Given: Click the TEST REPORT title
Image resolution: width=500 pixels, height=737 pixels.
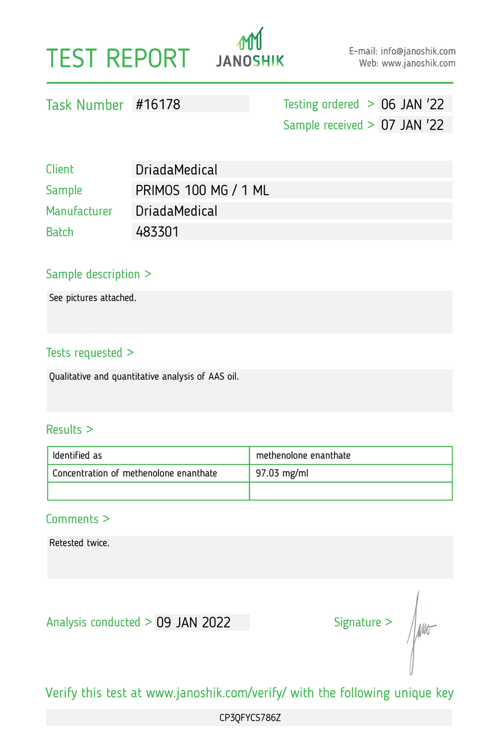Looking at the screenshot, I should coord(118,59).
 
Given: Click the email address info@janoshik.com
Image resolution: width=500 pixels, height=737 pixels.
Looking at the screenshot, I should coord(418,51).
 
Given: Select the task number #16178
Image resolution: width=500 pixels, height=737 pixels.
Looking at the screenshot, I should coord(158,104).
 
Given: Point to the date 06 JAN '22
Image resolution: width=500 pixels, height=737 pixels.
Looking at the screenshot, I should coord(412,104).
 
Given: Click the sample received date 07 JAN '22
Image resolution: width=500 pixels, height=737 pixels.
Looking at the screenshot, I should coord(412,125).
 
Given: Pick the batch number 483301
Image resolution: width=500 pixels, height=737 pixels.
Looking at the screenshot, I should coord(157,232).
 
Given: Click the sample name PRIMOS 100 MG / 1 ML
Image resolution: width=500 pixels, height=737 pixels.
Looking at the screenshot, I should coord(202,190).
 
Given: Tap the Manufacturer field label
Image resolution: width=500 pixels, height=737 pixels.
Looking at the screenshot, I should coord(79,211).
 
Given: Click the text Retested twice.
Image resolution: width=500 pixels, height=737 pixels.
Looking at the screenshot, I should coord(79,543).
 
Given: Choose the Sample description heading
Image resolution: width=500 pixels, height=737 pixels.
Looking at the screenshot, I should coord(99,274).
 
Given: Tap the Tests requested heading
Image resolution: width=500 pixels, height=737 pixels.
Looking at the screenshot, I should coord(90,352).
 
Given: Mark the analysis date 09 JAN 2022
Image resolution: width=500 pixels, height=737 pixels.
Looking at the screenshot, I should coord(194,622).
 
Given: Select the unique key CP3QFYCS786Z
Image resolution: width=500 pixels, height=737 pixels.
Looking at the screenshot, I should coord(250,718).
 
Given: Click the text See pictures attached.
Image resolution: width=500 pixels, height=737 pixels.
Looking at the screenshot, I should coord(93,298).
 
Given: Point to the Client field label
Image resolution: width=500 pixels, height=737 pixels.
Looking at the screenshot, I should coord(60,169).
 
